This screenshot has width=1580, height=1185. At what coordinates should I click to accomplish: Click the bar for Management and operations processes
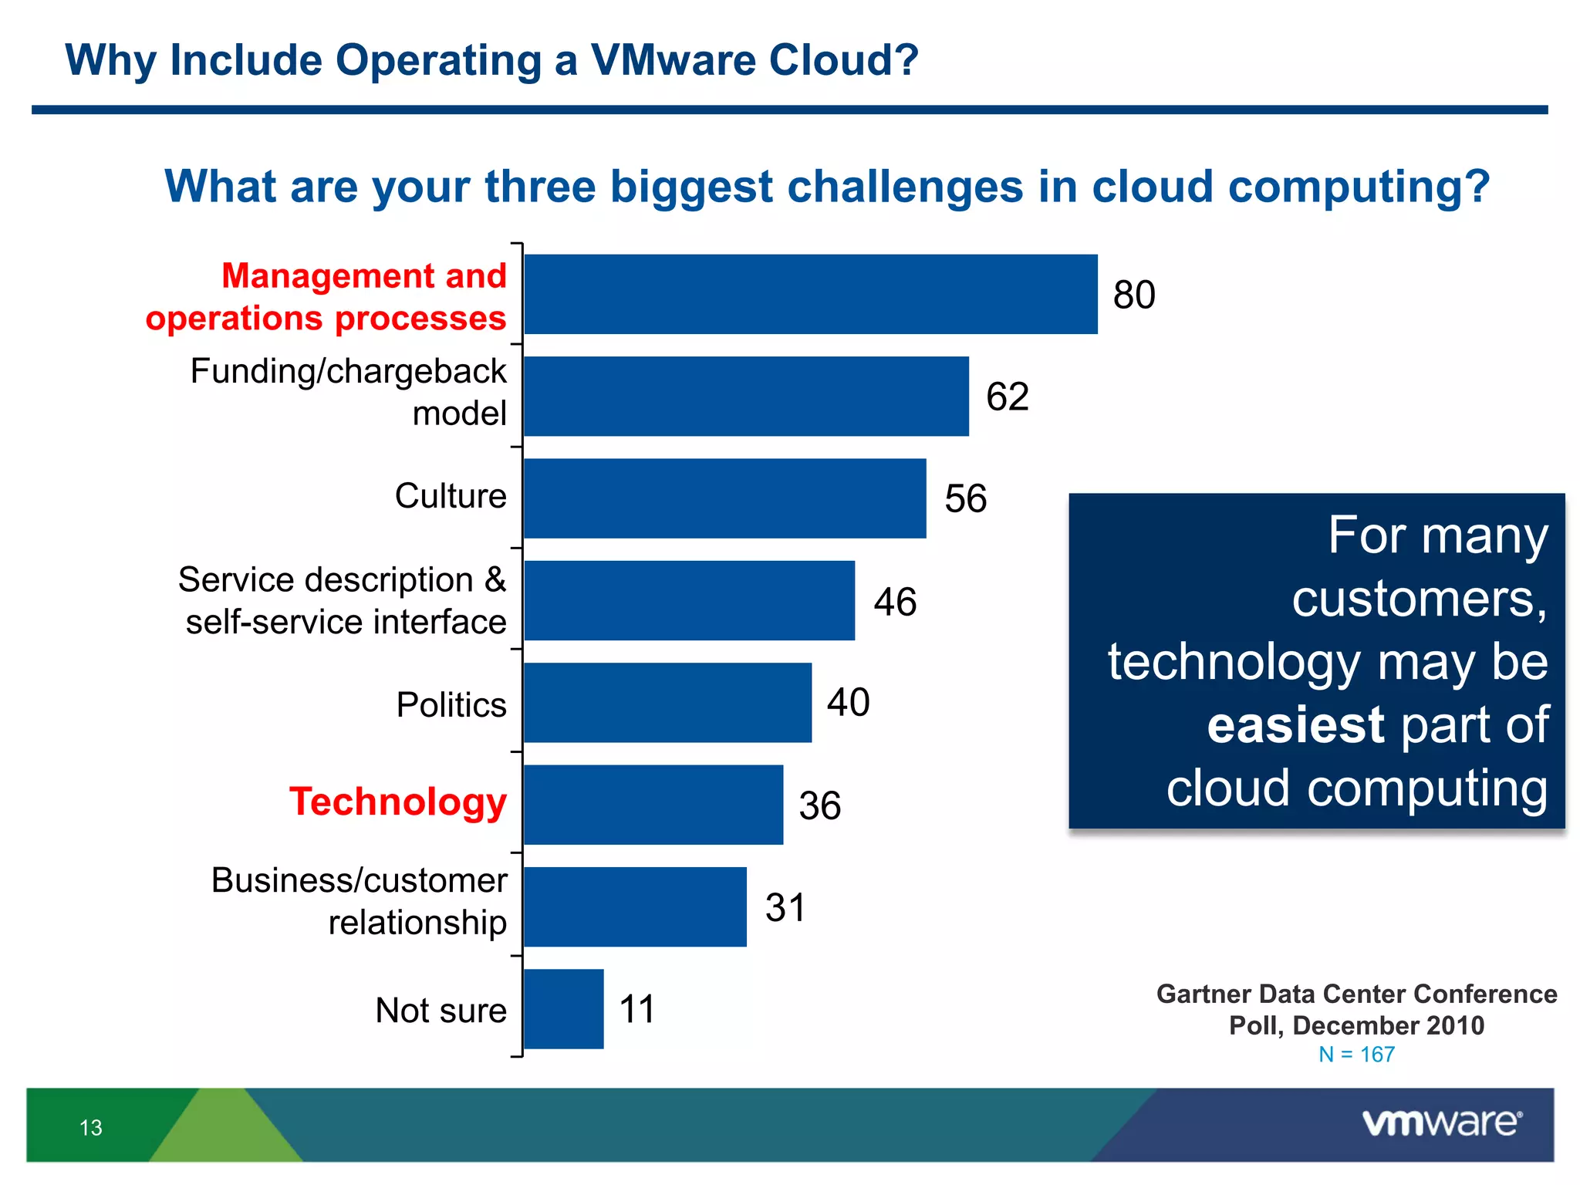[810, 294]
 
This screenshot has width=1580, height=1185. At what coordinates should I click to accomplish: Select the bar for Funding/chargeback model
[746, 396]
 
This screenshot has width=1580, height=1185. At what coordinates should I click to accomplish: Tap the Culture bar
[724, 498]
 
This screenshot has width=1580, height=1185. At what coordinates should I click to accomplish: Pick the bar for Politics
[667, 702]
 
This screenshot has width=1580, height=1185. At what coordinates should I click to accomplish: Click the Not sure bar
[563, 1008]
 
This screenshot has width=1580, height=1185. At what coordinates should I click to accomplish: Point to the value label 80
[1133, 295]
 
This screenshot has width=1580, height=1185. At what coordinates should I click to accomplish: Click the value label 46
[895, 602]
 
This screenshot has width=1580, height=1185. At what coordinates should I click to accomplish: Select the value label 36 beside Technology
[819, 805]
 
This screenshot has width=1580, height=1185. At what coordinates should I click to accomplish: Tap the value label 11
[636, 1009]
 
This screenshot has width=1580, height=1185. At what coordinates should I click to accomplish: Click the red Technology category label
[398, 801]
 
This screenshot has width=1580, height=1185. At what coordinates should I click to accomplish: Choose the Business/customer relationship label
[359, 901]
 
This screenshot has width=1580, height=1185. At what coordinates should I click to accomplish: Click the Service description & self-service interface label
[343, 600]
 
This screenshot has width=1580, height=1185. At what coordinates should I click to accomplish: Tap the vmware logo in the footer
[1441, 1123]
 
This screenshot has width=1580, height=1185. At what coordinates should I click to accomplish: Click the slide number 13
[90, 1128]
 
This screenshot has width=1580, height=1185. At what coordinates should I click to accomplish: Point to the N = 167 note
[1355, 1054]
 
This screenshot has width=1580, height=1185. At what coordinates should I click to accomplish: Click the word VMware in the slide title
[671, 60]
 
